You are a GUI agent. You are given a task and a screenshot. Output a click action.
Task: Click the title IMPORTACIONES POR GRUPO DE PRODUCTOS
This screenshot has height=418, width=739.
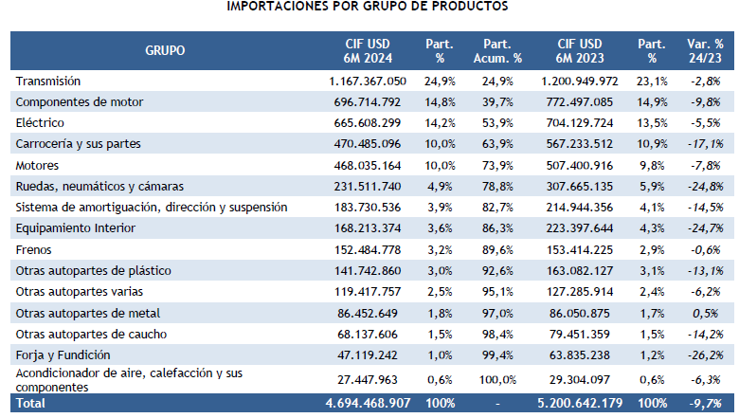click(367, 7)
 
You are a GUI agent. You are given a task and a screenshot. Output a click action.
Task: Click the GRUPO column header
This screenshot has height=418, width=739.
click(165, 50)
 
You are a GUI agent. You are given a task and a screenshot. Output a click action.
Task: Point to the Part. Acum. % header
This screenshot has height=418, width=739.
click(503, 50)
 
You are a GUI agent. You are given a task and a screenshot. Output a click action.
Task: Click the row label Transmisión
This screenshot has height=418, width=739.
click(48, 82)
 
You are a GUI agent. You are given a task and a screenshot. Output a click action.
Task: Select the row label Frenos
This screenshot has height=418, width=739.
click(35, 251)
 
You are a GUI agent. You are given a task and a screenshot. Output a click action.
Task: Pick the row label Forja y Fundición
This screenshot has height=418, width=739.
click(57, 354)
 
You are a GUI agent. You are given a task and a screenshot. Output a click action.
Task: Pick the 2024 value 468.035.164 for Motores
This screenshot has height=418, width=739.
click(367, 165)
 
